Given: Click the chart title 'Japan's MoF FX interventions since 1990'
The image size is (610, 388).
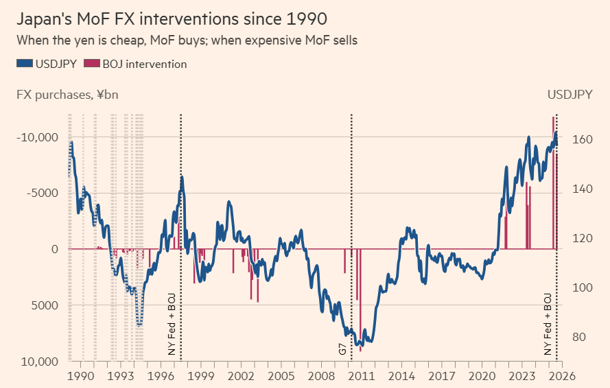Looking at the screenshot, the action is pos(172,19).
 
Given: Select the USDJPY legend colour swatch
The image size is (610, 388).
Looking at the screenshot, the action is pos(25,63).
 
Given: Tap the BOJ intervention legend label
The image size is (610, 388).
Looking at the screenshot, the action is pos(144,64).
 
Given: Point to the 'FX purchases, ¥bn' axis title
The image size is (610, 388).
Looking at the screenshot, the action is pos(67,95).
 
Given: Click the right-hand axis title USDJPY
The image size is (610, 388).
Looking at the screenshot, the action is pos(570,95).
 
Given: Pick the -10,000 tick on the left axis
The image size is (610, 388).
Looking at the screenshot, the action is pos(37,137).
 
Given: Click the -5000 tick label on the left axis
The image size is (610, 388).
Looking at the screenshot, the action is pos(42,193).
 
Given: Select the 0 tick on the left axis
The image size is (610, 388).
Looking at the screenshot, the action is pos(55,249).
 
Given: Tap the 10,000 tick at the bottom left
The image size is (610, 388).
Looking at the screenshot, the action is pos(40,362).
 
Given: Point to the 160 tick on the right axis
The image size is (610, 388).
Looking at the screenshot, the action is pos(582,139).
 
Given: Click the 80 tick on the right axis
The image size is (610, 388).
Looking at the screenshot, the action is pos(579,337).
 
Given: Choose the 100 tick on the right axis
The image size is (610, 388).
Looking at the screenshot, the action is pos(582,288).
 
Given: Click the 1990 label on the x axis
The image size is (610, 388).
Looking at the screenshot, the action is pos(81,376).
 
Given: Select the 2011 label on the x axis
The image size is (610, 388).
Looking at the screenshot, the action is pos(361,376).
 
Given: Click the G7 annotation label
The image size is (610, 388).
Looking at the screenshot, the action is pos(342,349).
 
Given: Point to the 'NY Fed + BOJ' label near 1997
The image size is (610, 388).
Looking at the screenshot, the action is pos(172,325).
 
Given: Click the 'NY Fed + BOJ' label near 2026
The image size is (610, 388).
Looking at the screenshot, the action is pos(548,325).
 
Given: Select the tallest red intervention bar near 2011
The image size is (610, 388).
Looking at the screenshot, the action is pos(361,300).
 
